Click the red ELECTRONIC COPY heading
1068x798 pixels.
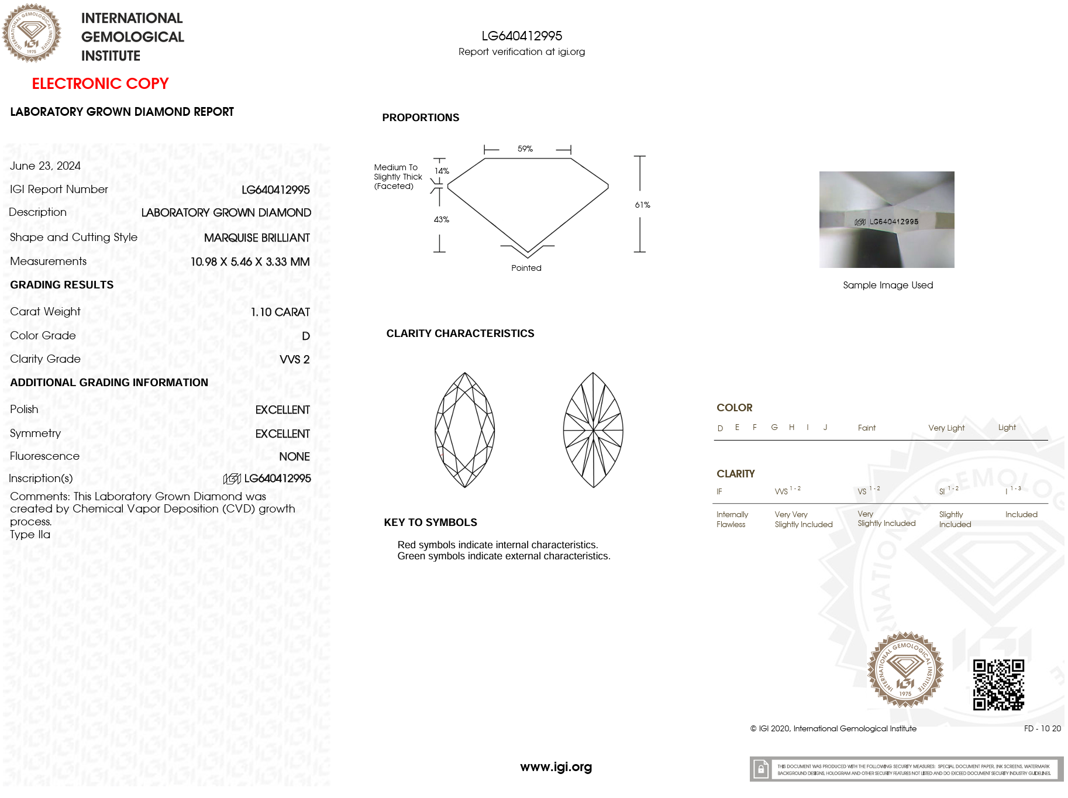tap(100, 84)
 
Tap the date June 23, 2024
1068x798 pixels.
tap(45, 166)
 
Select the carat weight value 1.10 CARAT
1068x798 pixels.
tap(280, 312)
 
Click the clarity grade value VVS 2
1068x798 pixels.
tap(294, 359)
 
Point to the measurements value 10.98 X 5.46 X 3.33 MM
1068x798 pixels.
tap(250, 262)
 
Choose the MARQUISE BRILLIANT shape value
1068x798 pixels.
tap(257, 238)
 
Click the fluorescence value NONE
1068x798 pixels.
tap(294, 456)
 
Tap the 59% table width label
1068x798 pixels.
tap(525, 149)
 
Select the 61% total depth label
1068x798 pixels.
tap(642, 205)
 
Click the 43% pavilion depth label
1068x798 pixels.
tap(441, 219)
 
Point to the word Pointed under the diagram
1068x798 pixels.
tap(526, 268)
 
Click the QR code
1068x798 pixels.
tap(998, 685)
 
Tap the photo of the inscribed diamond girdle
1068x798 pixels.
tap(887, 219)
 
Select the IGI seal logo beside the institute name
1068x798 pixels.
tap(32, 33)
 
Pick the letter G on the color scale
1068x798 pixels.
tap(774, 427)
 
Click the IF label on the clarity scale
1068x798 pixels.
tap(719, 491)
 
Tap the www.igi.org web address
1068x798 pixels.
tap(556, 766)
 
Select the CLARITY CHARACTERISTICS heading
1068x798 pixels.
tap(460, 333)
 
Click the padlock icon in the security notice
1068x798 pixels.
tap(760, 769)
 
